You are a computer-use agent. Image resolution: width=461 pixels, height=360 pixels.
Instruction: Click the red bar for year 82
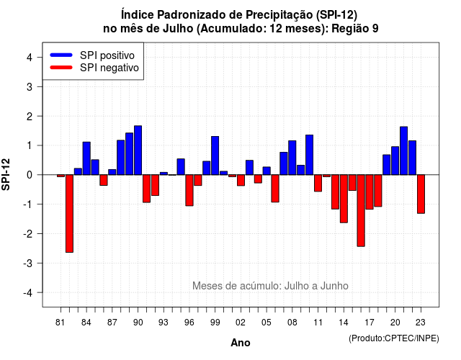[x=69, y=213]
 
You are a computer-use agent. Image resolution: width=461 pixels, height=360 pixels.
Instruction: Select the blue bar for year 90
[x=138, y=150]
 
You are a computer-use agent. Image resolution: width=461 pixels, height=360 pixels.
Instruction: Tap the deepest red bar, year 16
[x=361, y=210]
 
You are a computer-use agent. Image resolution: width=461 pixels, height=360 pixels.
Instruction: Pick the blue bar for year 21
[x=403, y=150]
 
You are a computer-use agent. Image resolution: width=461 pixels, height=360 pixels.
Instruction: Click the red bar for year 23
[x=421, y=194]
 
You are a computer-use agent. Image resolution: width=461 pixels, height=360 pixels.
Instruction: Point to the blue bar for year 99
[x=215, y=156]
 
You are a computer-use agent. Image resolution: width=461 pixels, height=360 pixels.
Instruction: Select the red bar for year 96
[x=189, y=190]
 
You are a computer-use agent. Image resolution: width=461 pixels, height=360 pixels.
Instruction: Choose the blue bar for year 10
[x=309, y=155]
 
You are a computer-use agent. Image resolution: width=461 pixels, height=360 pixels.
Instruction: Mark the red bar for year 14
[x=344, y=199]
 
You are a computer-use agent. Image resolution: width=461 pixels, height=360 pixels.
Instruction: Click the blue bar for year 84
[x=86, y=158]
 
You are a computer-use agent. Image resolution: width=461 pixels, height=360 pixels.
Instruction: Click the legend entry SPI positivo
[x=107, y=55]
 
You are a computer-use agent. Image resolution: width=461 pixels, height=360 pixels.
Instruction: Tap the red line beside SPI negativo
[x=61, y=68]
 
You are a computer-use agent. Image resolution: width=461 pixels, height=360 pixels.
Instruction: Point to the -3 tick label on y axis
[x=28, y=264]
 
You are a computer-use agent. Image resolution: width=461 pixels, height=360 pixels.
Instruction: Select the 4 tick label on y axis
[x=30, y=58]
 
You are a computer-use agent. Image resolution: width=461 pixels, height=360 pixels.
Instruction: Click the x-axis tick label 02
[x=240, y=323]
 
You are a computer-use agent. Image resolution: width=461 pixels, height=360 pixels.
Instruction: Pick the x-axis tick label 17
[x=370, y=323]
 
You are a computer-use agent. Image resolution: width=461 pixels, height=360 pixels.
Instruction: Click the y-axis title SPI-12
[x=6, y=174]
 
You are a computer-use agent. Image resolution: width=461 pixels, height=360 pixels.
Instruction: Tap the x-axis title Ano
[x=240, y=343]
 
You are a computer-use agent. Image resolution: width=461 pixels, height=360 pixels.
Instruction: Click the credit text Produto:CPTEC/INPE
[x=394, y=338]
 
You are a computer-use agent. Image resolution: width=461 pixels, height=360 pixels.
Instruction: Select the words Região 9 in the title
[x=355, y=29]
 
